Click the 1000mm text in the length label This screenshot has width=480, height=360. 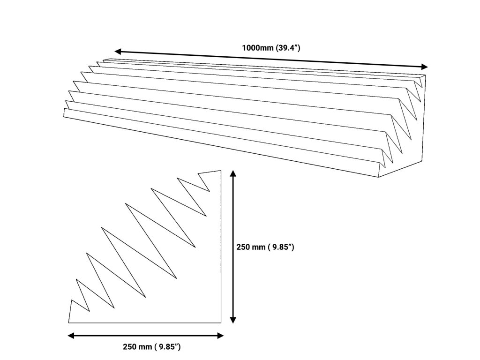pos(255,47)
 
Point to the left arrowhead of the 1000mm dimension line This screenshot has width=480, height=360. pos(119,51)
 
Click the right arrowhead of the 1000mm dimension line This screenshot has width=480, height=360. pos(424,66)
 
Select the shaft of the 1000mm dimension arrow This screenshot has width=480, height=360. pos(272,59)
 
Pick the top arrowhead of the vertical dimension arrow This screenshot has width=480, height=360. pos(233,174)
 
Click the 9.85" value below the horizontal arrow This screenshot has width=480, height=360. pos(169,347)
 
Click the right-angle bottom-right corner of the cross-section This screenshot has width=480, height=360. pos(221,322)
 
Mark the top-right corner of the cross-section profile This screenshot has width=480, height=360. pos(221,171)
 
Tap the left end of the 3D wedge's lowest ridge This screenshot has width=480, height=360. pos(64,112)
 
